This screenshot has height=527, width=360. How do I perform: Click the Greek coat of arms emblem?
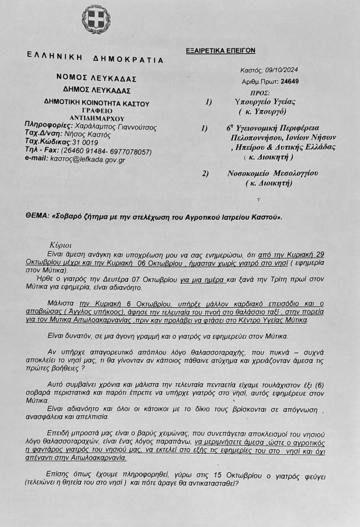[x=96, y=19]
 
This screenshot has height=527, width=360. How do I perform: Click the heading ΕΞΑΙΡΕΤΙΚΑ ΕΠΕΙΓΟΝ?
[x=220, y=50]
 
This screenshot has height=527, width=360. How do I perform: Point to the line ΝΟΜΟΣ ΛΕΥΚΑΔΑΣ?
[x=96, y=79]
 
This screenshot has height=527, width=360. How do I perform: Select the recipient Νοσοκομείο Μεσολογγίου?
[x=272, y=173]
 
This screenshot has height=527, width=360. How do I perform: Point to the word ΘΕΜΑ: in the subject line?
[x=36, y=217]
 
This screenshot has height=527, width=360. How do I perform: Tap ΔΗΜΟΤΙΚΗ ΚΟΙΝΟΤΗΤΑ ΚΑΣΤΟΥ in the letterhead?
[x=96, y=103]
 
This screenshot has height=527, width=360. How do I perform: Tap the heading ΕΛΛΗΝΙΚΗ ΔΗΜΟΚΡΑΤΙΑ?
[x=96, y=58]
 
